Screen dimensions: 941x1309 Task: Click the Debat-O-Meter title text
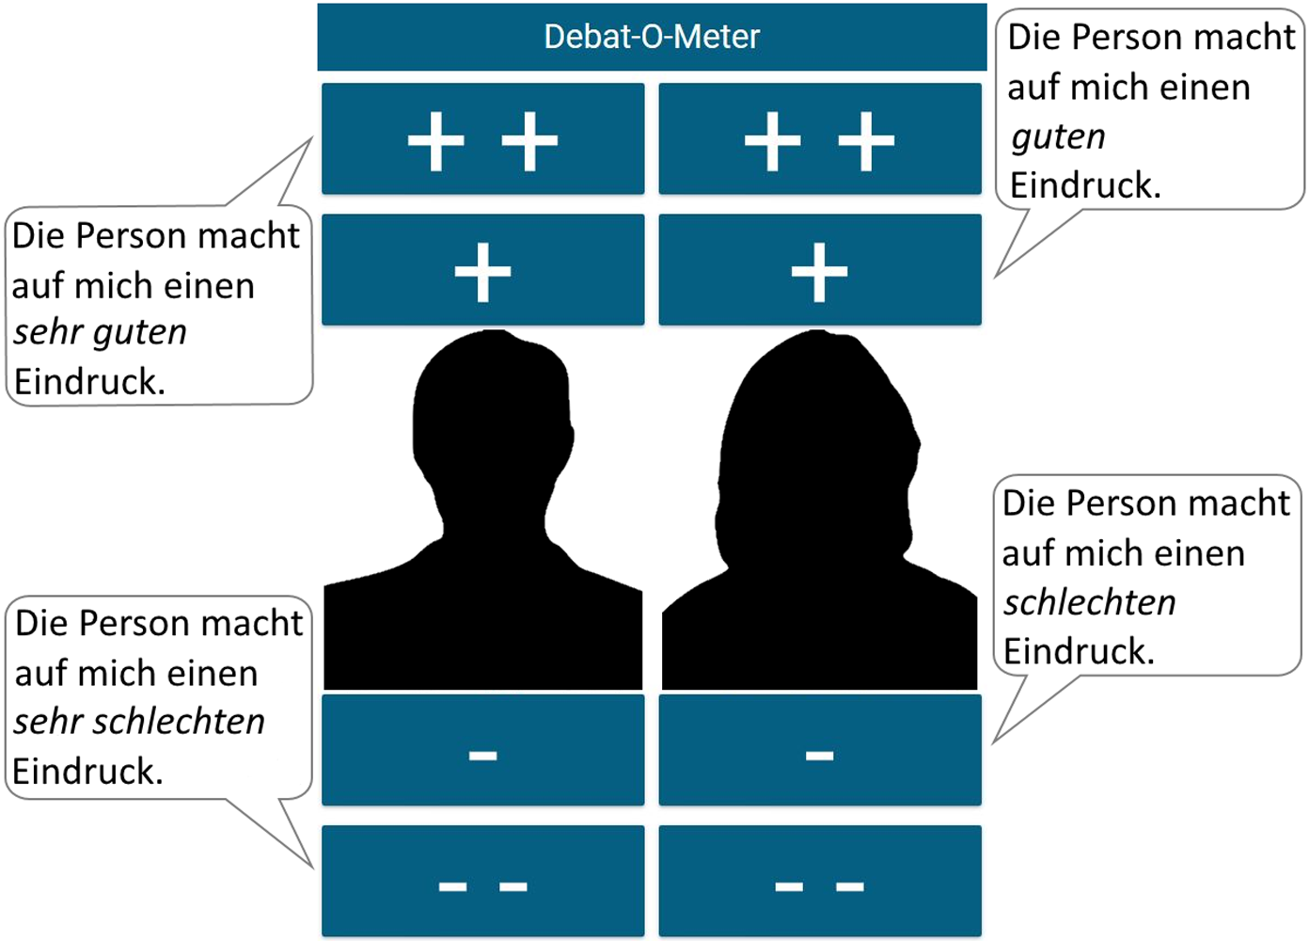tap(652, 37)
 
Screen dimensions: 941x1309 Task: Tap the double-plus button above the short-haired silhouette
tap(482, 139)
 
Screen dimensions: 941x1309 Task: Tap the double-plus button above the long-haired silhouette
tap(819, 139)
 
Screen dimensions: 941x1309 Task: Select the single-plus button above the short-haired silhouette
tap(482, 270)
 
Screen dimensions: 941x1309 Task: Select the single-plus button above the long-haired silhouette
tap(819, 270)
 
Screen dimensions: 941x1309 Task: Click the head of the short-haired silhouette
tap(491, 414)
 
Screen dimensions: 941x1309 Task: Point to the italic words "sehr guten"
tap(100, 332)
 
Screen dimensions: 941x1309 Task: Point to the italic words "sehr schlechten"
tap(139, 722)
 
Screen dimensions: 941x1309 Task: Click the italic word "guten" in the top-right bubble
tap(1058, 136)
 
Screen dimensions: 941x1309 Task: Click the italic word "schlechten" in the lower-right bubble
tap(1089, 602)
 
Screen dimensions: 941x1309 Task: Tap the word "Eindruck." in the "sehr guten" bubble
tap(89, 382)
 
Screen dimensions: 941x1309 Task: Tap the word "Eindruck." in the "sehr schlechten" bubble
tap(87, 772)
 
